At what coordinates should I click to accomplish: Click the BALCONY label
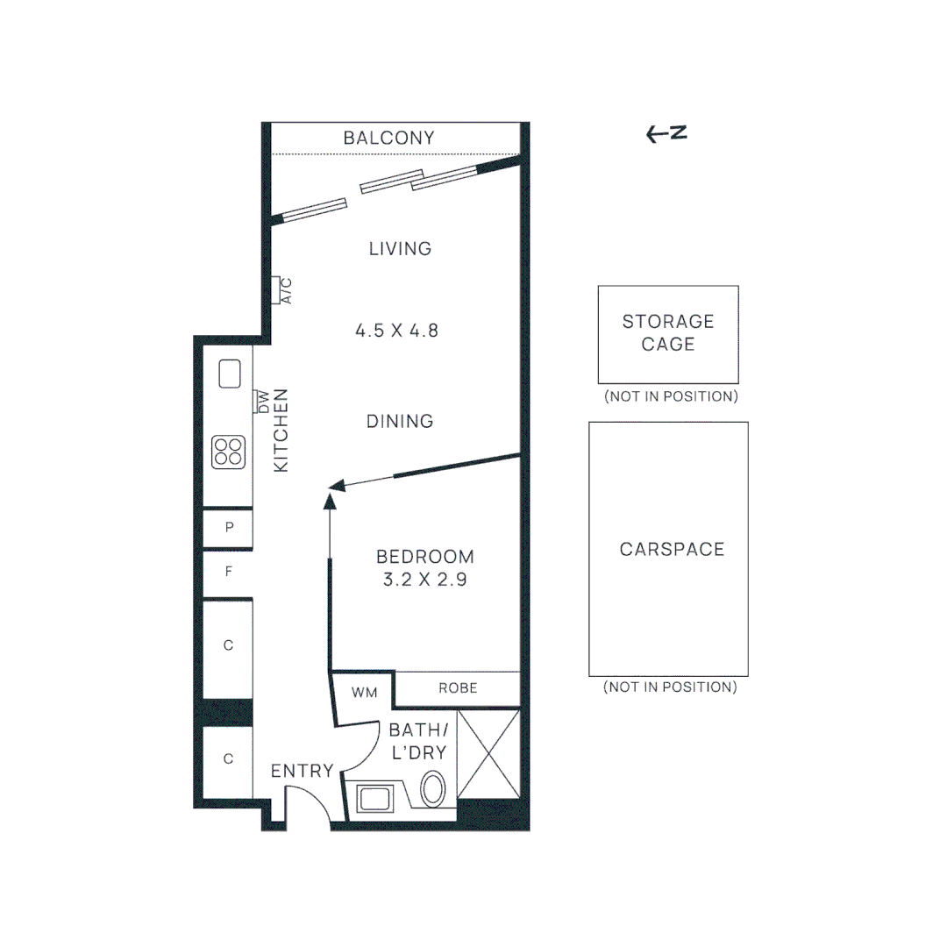pyautogui.click(x=388, y=139)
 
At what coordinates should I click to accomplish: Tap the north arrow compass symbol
pyautogui.click(x=666, y=133)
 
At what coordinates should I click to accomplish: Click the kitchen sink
pyautogui.click(x=230, y=374)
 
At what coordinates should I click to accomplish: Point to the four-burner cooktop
pyautogui.click(x=228, y=452)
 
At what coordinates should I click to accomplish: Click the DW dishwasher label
pyautogui.click(x=261, y=401)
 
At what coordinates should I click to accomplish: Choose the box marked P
pyautogui.click(x=229, y=528)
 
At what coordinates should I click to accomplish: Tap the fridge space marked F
pyautogui.click(x=229, y=573)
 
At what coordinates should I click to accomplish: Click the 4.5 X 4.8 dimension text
pyautogui.click(x=396, y=331)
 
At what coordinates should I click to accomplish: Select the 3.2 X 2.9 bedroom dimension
pyautogui.click(x=425, y=579)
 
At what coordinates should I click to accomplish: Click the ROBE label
pyautogui.click(x=458, y=688)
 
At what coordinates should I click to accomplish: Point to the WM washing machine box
pyautogui.click(x=364, y=693)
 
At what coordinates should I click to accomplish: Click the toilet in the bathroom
pyautogui.click(x=433, y=787)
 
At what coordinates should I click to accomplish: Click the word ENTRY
pyautogui.click(x=302, y=772)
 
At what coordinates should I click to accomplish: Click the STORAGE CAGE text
pyautogui.click(x=668, y=333)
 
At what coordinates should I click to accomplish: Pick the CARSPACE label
pyautogui.click(x=672, y=550)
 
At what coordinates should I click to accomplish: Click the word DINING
pyautogui.click(x=400, y=421)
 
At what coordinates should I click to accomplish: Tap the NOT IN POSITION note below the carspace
pyautogui.click(x=670, y=687)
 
